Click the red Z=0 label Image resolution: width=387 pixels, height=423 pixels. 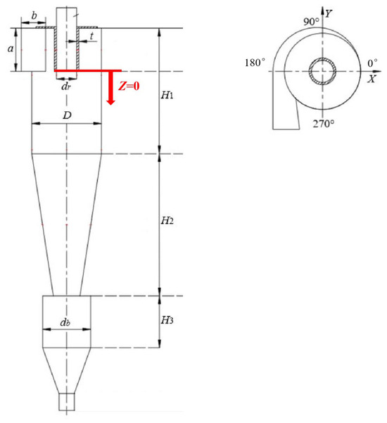pos(129,86)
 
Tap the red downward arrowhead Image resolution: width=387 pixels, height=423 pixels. pos(110,101)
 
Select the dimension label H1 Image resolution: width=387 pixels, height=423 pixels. pos(167,95)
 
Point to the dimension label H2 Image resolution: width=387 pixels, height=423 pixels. pos(167,221)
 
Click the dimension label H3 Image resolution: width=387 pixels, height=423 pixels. pos(167,320)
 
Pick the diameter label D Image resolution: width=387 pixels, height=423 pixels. pos(67,115)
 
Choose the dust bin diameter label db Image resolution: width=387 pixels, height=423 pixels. pos(65,322)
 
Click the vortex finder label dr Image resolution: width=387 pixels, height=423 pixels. pos(66,87)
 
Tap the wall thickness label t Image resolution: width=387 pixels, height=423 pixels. pos(91,36)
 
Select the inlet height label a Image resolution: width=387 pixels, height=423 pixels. pos(11,49)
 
